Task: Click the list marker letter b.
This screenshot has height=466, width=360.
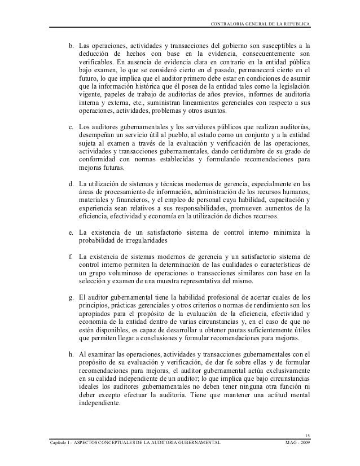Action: pos(71,45)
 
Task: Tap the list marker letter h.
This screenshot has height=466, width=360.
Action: pos(71,354)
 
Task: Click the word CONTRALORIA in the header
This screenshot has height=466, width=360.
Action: pos(226,23)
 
